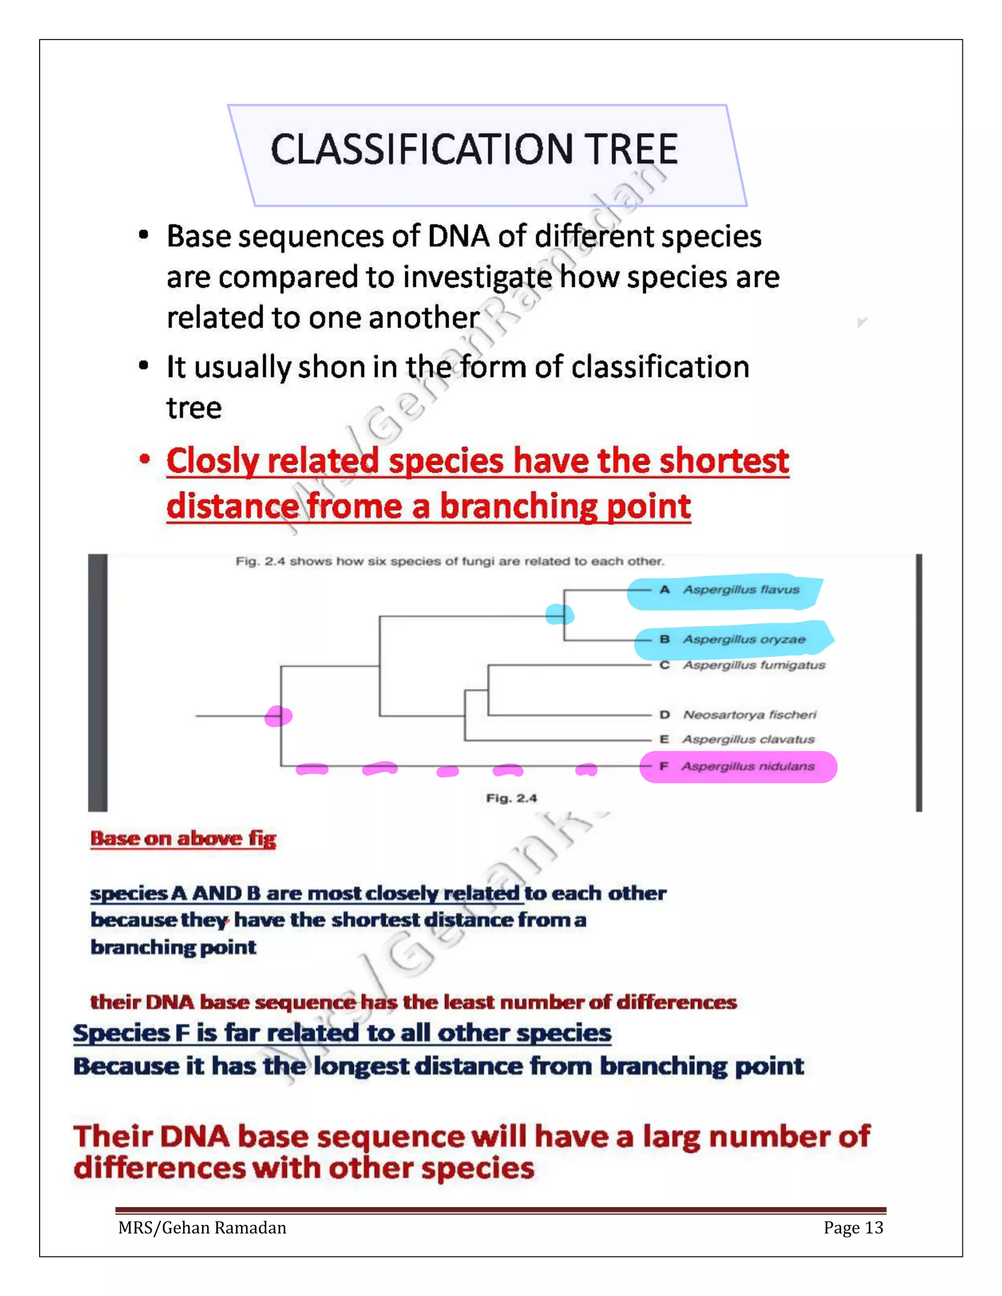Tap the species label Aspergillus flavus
click(x=741, y=590)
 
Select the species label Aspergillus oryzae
click(x=744, y=640)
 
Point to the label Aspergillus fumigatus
click(x=754, y=665)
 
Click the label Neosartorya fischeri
click(x=750, y=715)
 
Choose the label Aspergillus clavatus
click(x=748, y=739)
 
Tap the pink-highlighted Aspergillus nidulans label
click(x=748, y=767)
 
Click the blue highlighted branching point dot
click(x=559, y=615)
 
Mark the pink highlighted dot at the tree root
click(x=278, y=716)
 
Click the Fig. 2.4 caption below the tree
click(x=511, y=798)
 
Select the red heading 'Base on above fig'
click(x=183, y=838)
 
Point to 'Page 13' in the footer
click(x=853, y=1227)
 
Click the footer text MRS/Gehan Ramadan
click(x=202, y=1227)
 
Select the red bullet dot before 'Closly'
click(x=144, y=459)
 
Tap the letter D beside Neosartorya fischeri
click(x=665, y=715)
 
